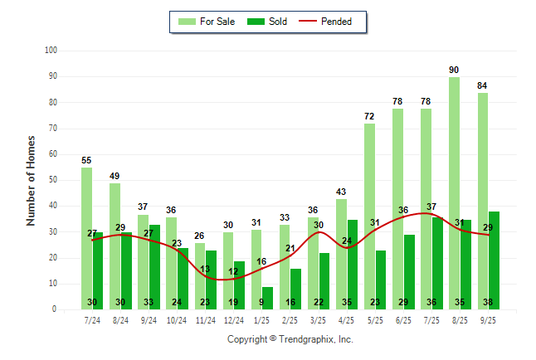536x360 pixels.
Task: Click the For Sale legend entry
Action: pos(205,22)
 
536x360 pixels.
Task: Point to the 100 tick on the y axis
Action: pos(51,51)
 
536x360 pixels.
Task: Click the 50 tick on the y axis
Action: pos(52,180)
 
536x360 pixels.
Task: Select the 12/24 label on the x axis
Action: pos(234,320)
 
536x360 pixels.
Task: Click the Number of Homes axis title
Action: pos(31,180)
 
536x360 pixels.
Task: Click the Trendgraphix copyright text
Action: pos(290,339)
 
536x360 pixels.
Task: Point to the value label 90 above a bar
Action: pos(454,70)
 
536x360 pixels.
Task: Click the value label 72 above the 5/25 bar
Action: pos(369,116)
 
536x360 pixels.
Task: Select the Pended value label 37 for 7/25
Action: pos(432,207)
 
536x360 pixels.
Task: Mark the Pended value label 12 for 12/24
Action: pos(233,271)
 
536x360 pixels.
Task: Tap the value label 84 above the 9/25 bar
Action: pos(482,85)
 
